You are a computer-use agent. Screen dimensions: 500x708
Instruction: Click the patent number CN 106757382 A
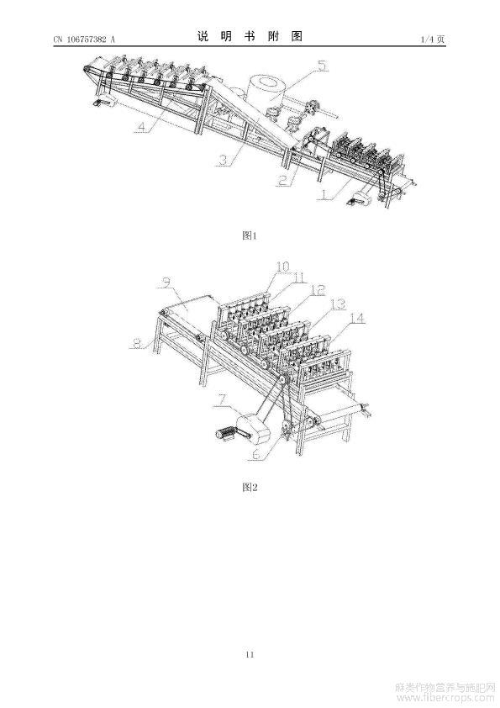[x=84, y=40]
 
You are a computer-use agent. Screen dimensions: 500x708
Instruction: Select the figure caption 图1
[x=250, y=235]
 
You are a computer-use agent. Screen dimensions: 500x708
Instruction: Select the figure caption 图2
[x=250, y=487]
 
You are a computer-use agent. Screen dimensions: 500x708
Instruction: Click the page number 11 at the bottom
[x=250, y=654]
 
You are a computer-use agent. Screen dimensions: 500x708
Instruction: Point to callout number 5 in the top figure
[x=321, y=66]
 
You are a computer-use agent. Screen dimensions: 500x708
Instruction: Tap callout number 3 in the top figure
[x=223, y=161]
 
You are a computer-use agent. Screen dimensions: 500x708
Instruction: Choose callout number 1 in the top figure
[x=324, y=194]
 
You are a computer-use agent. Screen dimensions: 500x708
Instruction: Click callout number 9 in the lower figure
[x=167, y=283]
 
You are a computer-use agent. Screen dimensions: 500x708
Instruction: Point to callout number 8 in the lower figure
[x=137, y=344]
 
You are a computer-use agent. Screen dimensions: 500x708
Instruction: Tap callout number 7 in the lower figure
[x=222, y=400]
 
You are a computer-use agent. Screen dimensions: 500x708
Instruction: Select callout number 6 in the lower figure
[x=256, y=455]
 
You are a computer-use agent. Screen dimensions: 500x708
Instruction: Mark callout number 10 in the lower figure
[x=283, y=267]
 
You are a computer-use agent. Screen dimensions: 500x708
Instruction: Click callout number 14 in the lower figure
[x=357, y=319]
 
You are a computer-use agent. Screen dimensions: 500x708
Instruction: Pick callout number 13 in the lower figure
[x=338, y=304]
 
